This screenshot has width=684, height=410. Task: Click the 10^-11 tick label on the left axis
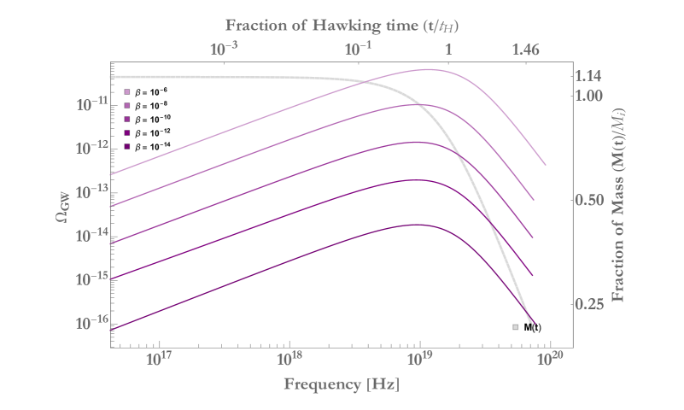pyautogui.click(x=90, y=104)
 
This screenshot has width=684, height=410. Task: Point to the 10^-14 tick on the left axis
pyautogui.click(x=90, y=235)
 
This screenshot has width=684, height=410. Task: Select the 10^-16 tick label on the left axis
pyautogui.click(x=90, y=323)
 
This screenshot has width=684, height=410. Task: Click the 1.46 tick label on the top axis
pyautogui.click(x=526, y=50)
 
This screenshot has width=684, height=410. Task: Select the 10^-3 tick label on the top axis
pyautogui.click(x=225, y=50)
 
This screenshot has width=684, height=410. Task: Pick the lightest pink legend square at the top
pyautogui.click(x=127, y=91)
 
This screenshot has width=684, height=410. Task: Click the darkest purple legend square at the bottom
pyautogui.click(x=127, y=147)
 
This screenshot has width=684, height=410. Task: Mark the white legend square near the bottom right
pyautogui.click(x=515, y=327)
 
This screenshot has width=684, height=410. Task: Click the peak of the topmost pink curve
pyautogui.click(x=431, y=70)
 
